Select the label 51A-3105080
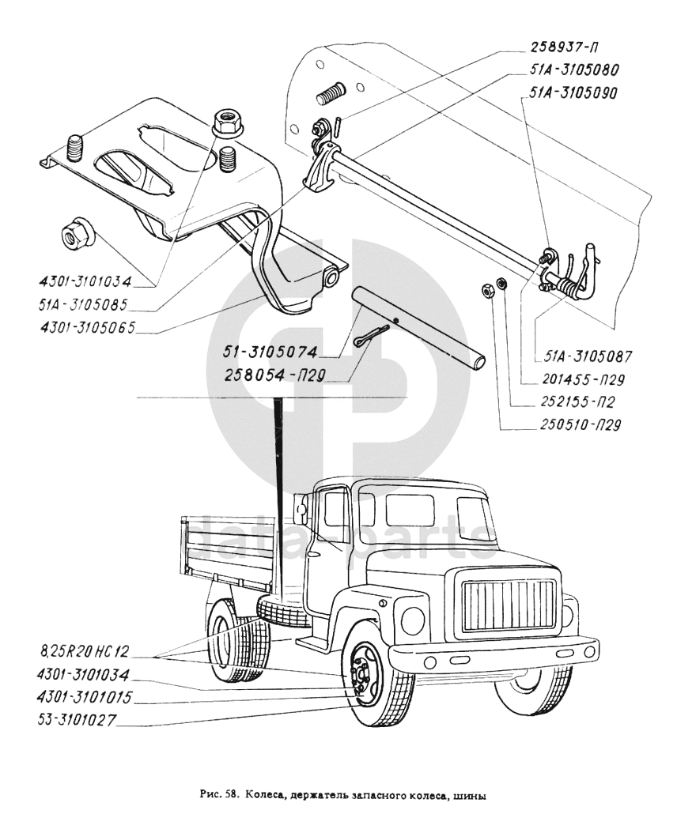point(565,70)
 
